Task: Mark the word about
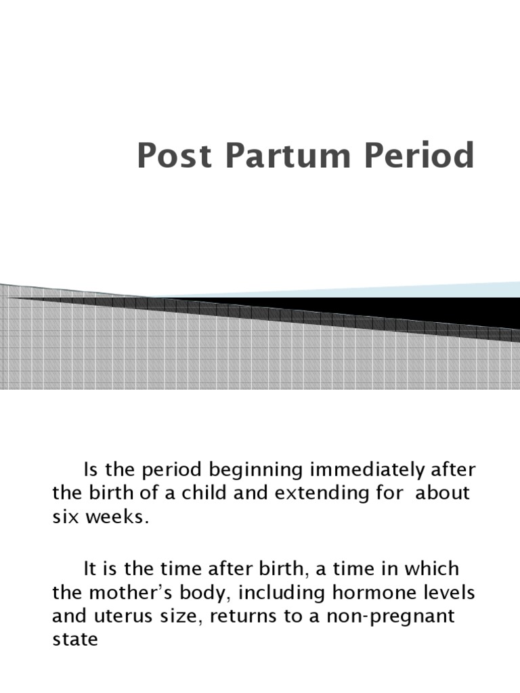click(442, 492)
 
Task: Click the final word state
click(74, 640)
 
